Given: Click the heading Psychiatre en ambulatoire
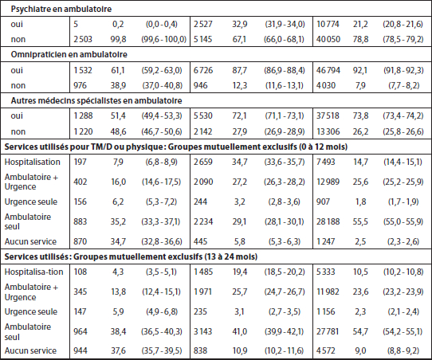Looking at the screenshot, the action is pos(61,9).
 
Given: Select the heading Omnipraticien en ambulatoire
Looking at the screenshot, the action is pos(69,54).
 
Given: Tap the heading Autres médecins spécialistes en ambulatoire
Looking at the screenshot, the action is pos(96,100).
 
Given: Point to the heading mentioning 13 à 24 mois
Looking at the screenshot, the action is pos(131,256).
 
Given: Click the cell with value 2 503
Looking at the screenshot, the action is pos(83,39).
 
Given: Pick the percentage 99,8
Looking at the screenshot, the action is pos(118,39).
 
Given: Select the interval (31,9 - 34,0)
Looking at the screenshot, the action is pos(285,24).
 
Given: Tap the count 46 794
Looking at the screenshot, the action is pos(328,70).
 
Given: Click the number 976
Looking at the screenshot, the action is pos(80,85).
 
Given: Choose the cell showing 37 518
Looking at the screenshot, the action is pos(328,115).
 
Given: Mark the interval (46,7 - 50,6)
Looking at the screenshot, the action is pos(162,131).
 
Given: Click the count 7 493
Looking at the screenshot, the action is pos(326,162).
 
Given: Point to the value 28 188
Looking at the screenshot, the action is pos(328,221).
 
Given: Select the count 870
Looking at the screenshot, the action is pos(81,241).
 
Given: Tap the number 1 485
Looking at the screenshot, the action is pos(202,272).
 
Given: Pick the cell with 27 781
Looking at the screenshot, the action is pos(328,331).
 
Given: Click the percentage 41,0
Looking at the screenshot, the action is pos(239,331).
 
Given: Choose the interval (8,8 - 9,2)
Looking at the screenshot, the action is pos(403,350).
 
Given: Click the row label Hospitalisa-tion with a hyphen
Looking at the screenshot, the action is pos(34,272).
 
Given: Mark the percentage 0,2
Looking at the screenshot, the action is pos(118,24).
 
